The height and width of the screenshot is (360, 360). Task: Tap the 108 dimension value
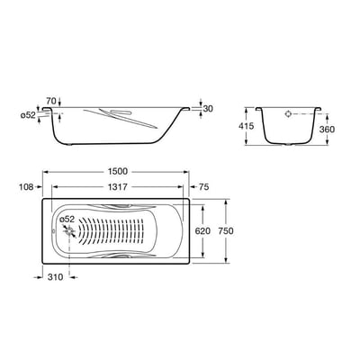pyautogui.click(x=26, y=187)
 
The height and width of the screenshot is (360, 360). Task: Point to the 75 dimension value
pyautogui.click(x=203, y=187)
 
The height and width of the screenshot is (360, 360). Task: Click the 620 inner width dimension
pyautogui.click(x=202, y=231)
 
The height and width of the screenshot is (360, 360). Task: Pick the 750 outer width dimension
pyautogui.click(x=226, y=231)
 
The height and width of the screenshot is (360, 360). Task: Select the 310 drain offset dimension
pyautogui.click(x=56, y=277)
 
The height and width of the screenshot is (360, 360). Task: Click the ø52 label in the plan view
pyautogui.click(x=67, y=220)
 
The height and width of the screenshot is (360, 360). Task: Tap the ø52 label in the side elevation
pyautogui.click(x=28, y=115)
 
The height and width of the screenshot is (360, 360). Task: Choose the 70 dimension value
pyautogui.click(x=51, y=100)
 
